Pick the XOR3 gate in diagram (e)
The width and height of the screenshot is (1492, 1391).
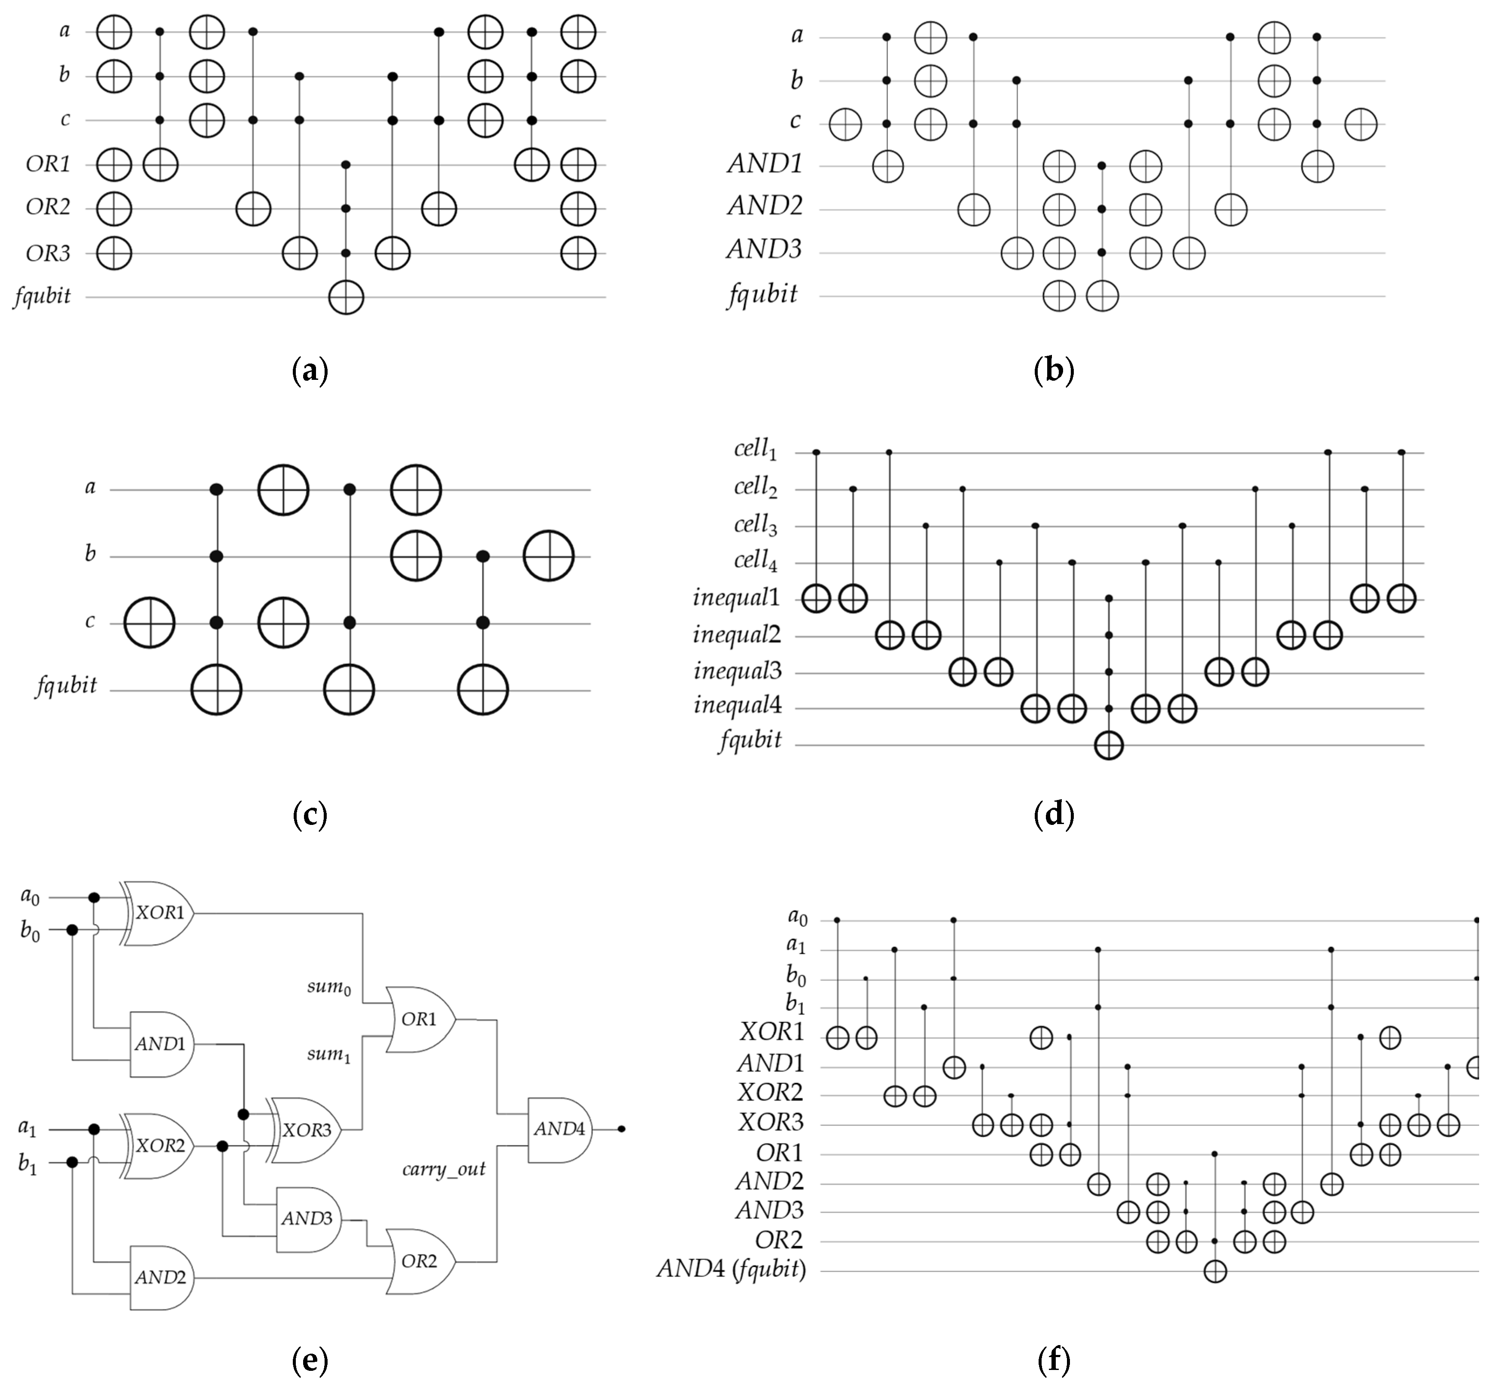[306, 1130]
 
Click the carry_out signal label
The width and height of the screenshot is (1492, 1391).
[444, 1168]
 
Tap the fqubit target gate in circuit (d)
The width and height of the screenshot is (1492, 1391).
[1109, 745]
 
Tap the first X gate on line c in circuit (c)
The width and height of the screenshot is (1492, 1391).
[149, 623]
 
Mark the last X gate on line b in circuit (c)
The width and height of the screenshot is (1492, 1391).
[549, 556]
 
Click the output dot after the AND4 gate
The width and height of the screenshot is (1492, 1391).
[621, 1129]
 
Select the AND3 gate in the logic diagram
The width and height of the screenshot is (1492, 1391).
[306, 1218]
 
